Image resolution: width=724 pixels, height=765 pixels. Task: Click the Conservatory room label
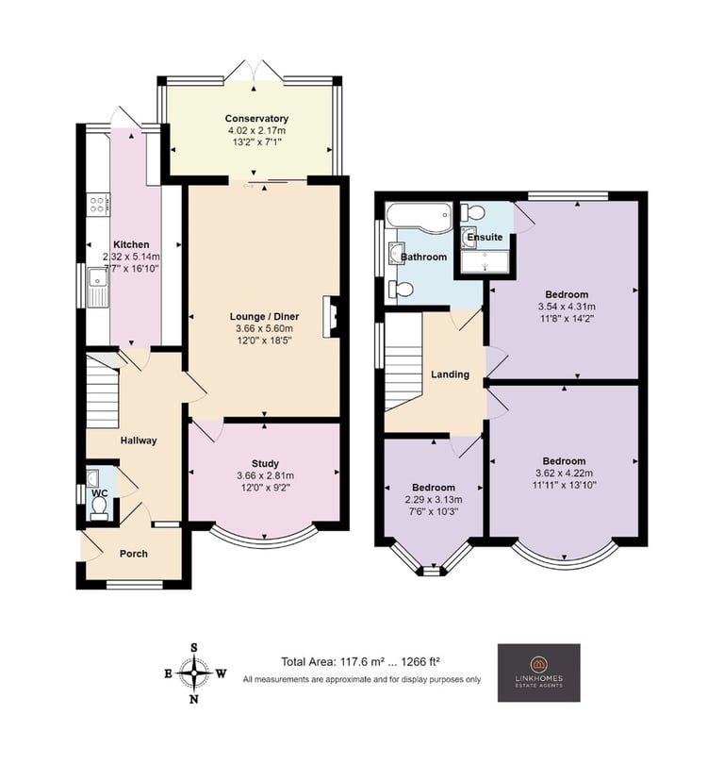pos(256,119)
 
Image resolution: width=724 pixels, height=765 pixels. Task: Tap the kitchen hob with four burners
pos(98,204)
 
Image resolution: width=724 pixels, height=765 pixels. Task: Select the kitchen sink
pos(98,288)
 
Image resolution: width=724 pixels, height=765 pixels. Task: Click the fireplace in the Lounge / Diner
pos(330,317)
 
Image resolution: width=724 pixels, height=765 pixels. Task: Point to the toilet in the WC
pos(100,506)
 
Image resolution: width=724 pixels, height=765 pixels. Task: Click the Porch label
pos(134,554)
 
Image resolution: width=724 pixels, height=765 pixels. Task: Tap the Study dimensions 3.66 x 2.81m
pos(265,475)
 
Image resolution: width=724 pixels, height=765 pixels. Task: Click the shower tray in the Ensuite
pos(485,262)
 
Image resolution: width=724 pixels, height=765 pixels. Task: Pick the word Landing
pos(450,374)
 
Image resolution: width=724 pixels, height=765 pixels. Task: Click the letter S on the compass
pos(193,648)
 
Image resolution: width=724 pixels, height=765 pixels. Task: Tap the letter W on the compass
pos(221,674)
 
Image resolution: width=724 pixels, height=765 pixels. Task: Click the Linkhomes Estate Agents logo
pos(538,673)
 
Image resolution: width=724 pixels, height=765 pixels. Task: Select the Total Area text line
pos(361,662)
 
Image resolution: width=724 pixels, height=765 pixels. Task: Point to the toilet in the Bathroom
pos(402,289)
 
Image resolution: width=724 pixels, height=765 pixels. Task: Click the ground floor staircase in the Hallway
pos(103,392)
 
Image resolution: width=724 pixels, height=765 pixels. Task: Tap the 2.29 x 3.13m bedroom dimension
pos(434,500)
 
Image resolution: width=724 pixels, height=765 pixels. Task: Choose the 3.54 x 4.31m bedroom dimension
pos(567,307)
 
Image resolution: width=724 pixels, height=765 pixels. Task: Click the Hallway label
pos(139,441)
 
